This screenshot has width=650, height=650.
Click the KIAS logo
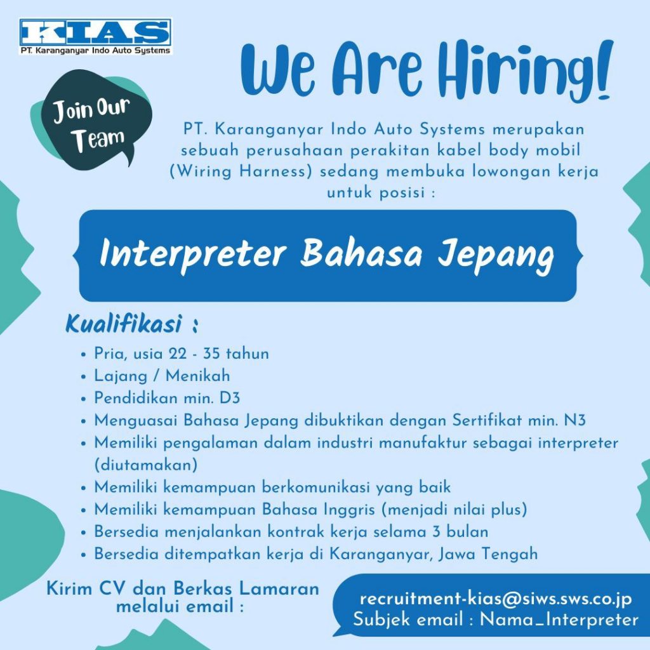click(x=95, y=36)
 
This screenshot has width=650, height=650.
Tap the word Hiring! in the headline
click(x=525, y=70)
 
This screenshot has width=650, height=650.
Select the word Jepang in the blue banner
click(x=496, y=255)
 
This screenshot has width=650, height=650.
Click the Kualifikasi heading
click(x=124, y=324)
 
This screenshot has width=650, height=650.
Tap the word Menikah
click(x=198, y=376)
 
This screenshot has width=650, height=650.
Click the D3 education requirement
click(x=230, y=398)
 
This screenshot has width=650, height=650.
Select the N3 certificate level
click(x=575, y=420)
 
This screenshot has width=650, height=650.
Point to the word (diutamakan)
click(x=146, y=465)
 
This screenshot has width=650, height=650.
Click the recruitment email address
click(x=496, y=599)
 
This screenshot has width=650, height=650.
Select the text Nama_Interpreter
click(x=559, y=620)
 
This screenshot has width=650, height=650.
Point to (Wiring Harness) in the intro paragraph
click(x=241, y=171)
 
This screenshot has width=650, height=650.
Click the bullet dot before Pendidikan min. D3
click(x=84, y=399)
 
